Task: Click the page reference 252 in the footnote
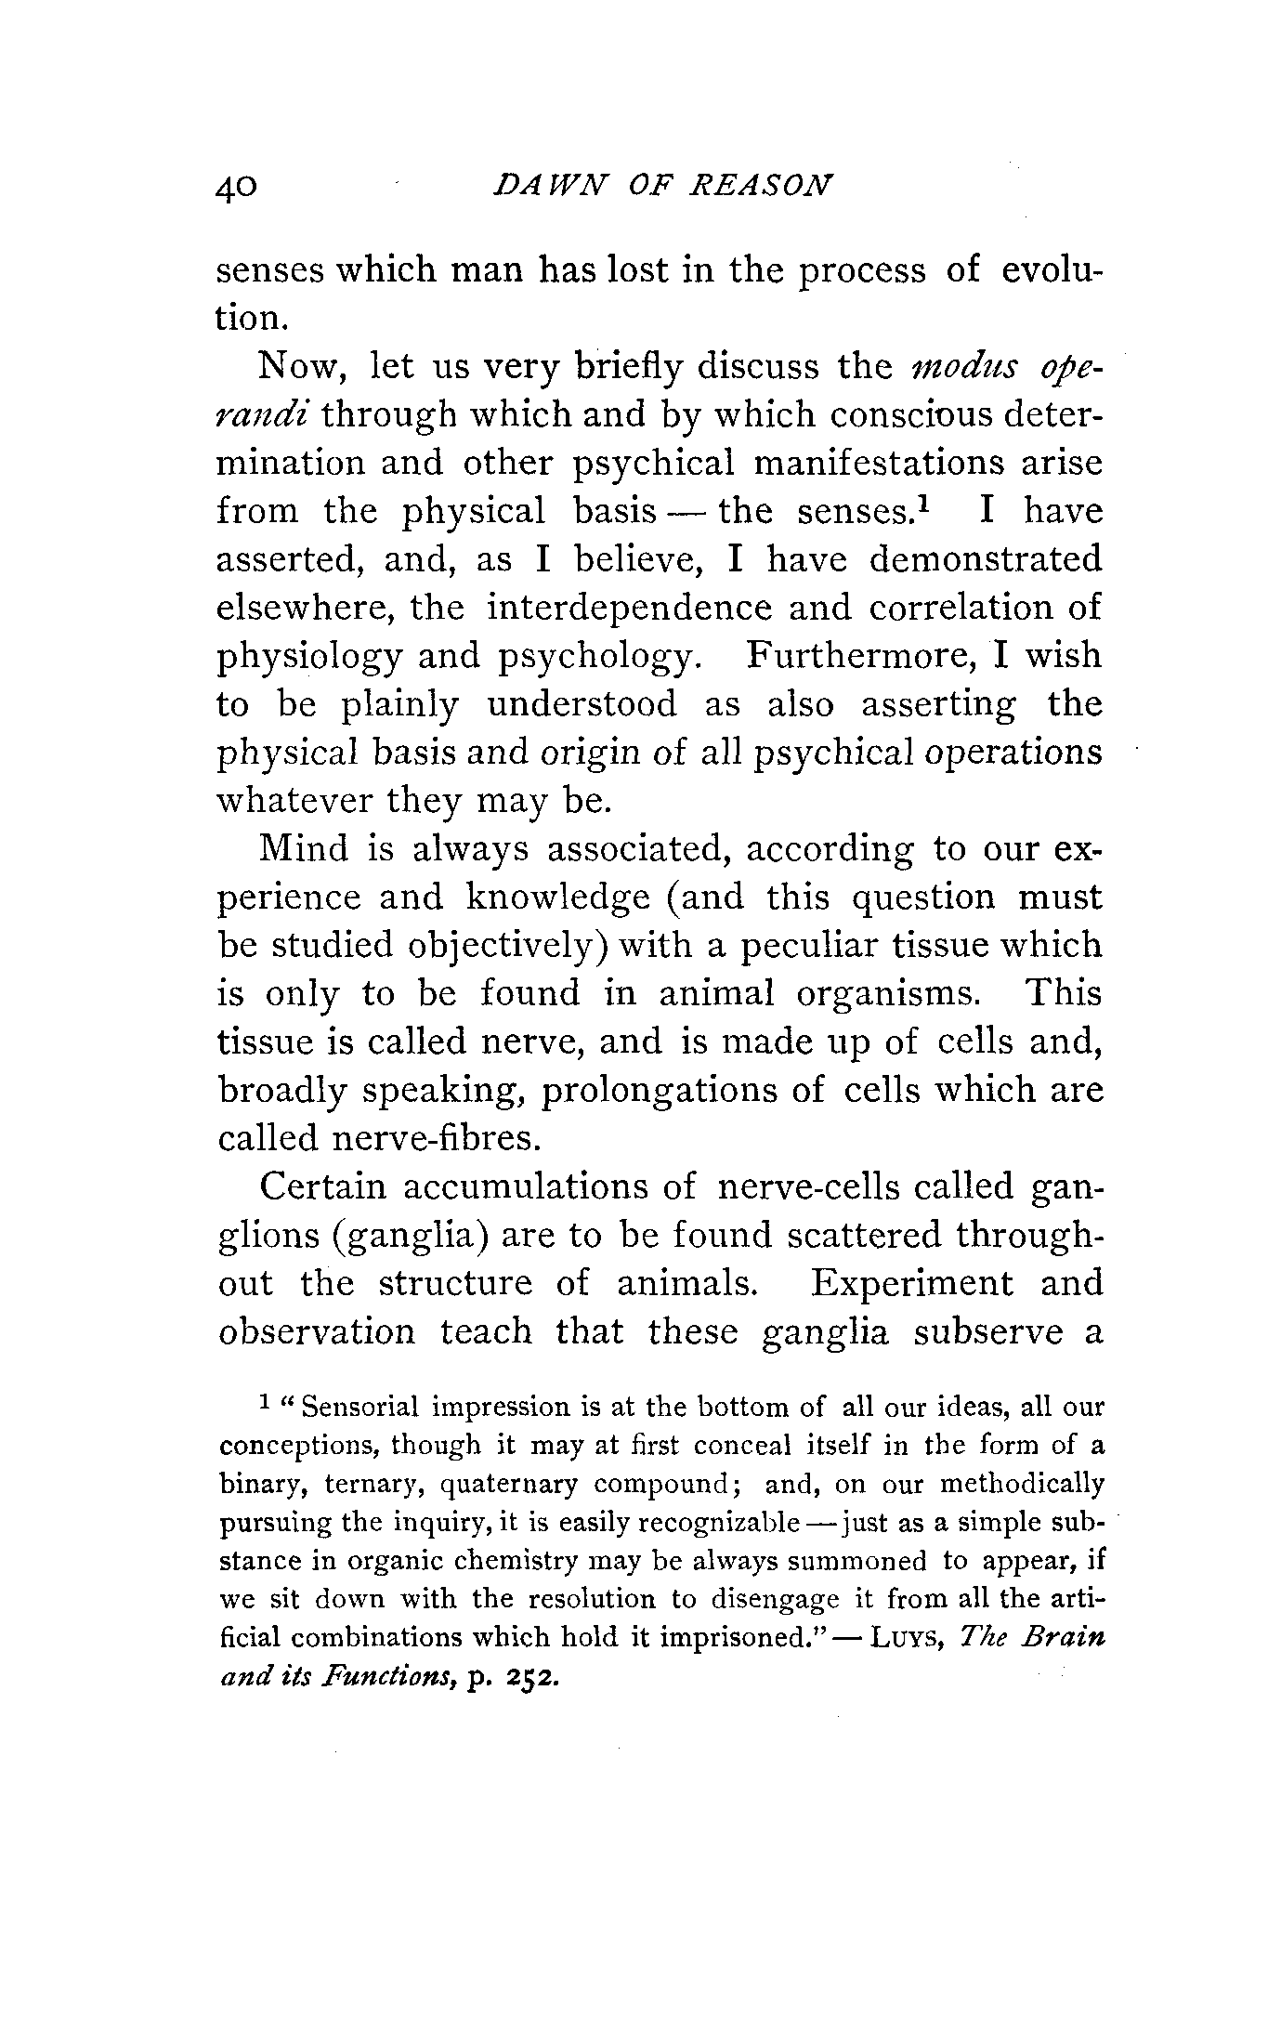[533, 1679]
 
